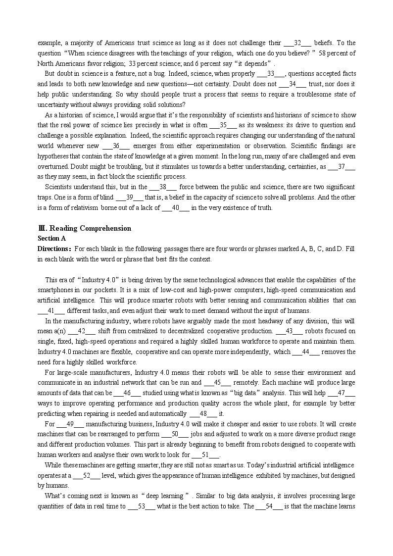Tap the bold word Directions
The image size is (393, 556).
click(x=54, y=249)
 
